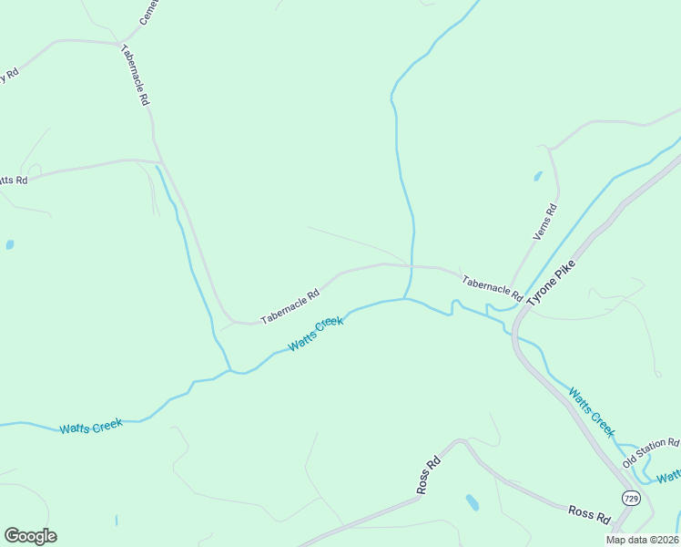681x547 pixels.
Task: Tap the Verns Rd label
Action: pos(544,222)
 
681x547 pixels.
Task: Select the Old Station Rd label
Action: pos(651,451)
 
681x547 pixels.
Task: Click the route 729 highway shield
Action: pos(631,497)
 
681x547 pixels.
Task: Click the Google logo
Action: pos(30,536)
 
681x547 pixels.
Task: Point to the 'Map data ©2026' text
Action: pos(642,540)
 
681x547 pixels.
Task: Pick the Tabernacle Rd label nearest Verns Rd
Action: pos(492,289)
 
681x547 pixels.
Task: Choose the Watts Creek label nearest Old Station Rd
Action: pos(592,412)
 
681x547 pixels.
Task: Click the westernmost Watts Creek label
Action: pos(91,427)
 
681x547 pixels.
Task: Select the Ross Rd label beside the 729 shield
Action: pos(589,515)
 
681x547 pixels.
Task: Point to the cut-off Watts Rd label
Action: pos(14,181)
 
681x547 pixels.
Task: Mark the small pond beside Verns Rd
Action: pos(538,176)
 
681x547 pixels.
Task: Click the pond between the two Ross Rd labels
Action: pos(472,501)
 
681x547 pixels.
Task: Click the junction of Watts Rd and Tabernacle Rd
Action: pos(157,161)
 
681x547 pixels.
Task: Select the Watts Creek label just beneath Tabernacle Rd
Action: pos(316,335)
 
